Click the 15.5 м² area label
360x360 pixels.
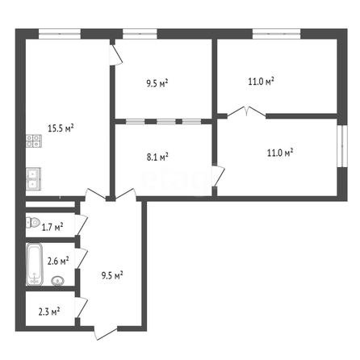coord(61,128)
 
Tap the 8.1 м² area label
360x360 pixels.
coord(157,157)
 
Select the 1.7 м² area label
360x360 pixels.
coord(52,228)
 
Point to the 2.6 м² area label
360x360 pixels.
coord(58,261)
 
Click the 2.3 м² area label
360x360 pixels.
coord(49,312)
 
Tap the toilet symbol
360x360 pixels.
coord(33,223)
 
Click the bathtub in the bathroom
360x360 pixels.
coord(35,264)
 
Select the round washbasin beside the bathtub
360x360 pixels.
coord(57,281)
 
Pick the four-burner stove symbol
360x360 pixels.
coord(34,141)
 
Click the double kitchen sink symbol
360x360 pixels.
coord(33,179)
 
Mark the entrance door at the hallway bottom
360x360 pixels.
coord(106,333)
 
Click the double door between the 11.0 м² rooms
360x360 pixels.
coord(247,112)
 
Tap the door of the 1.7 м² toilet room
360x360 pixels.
coord(82,224)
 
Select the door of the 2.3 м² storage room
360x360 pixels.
coord(82,308)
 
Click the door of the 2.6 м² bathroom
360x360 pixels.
coord(82,258)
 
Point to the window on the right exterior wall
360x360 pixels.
coord(342,146)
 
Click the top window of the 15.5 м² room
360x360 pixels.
coord(60,34)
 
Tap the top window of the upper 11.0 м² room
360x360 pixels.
coord(276,34)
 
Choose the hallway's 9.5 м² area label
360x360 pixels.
coord(112,275)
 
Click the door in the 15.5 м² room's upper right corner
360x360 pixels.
coord(116,55)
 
